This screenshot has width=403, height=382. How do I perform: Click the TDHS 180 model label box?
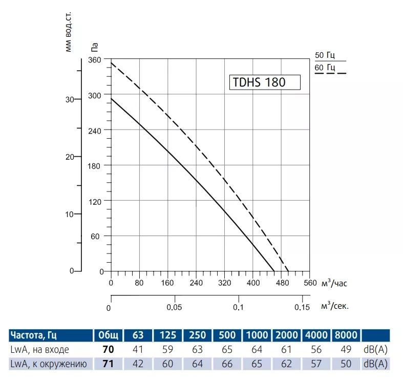(264, 82)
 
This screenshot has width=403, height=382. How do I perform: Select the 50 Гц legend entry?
(325, 55)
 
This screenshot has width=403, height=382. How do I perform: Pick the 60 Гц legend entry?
(325, 68)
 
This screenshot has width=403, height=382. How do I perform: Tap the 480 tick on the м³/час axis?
(281, 282)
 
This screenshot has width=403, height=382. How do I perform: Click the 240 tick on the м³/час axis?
(196, 282)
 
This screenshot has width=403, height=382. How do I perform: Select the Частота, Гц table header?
(32, 335)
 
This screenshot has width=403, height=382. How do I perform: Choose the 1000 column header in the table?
(257, 335)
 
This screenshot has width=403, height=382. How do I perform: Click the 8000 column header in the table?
(346, 335)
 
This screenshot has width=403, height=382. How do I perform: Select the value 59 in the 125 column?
(168, 350)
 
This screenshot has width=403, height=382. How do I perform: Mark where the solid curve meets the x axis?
(274, 271)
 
